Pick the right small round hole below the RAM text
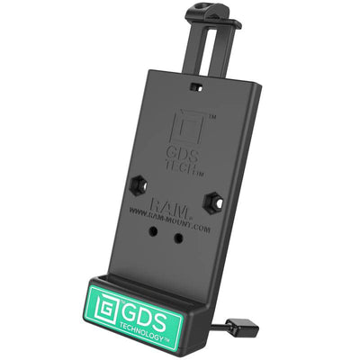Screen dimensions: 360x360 (x=178, y=238)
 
